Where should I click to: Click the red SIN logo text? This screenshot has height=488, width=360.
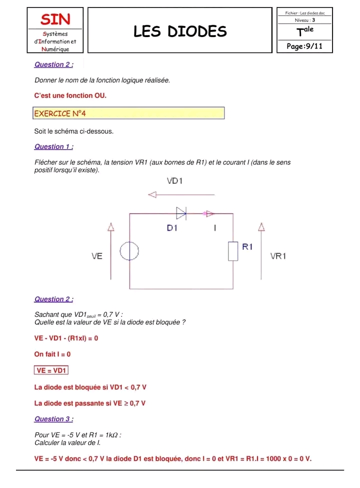pos(55,20)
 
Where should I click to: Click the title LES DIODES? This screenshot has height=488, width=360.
pos(180,32)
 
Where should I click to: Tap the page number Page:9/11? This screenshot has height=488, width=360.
pos(304,46)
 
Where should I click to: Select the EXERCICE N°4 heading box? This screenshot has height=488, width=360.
pos(128,114)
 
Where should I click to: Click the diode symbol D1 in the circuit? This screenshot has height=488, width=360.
pos(181,214)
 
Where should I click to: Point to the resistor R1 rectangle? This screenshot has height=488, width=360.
pos(233,250)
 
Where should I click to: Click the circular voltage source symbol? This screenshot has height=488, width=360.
pos(129,251)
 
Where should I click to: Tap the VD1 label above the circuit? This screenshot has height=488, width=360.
pos(174,181)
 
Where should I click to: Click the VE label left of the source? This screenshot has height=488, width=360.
pos(97,256)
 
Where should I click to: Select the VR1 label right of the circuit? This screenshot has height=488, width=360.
pos(278,256)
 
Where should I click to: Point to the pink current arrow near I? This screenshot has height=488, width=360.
pos(209,214)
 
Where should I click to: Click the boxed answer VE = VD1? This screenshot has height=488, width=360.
pos(51,370)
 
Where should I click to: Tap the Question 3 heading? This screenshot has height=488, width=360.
pos(53,419)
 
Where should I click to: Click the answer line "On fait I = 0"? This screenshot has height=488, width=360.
pos(52,354)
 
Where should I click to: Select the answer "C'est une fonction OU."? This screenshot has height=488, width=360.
pos(70,95)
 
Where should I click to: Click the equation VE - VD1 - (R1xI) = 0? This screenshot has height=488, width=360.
pos(66,338)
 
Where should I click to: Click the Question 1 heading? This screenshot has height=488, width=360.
pos(53,147)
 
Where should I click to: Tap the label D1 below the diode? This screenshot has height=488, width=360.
pos(172,228)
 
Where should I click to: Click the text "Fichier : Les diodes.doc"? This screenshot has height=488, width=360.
pos(304,13)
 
